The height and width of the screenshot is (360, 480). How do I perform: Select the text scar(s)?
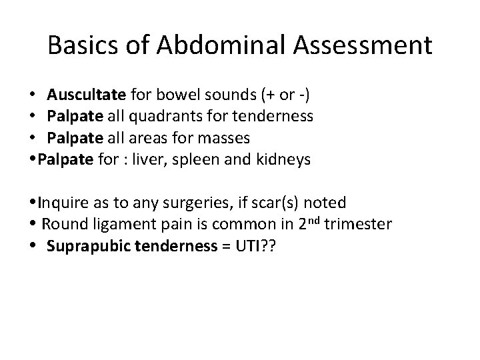(252, 202)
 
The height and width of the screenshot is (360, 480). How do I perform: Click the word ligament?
(120, 223)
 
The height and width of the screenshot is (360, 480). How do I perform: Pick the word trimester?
(360, 223)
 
